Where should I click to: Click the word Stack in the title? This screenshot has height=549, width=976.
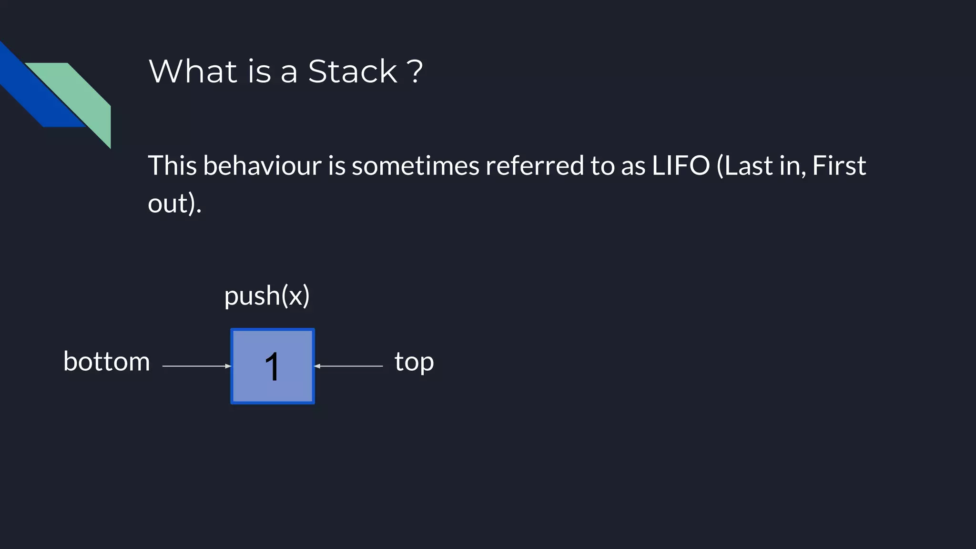pos(352,71)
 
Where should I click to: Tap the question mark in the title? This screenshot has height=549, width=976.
pos(415,71)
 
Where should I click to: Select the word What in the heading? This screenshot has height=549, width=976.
pos(193,71)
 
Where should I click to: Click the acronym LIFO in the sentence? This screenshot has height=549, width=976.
pos(681,165)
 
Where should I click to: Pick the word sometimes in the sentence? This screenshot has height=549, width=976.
pos(415,165)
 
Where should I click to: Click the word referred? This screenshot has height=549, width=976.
pos(534,165)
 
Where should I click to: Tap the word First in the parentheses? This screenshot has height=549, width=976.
pos(839,165)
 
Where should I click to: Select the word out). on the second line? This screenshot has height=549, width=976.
pos(174,203)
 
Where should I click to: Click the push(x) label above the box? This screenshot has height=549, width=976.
pos(267,295)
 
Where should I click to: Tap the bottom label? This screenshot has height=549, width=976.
pos(107,361)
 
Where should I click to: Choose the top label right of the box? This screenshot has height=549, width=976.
pos(414,362)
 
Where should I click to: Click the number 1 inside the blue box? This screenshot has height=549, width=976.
pos(272,366)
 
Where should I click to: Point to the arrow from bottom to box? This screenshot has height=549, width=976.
pos(196,366)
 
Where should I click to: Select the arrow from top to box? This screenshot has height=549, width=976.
pos(349,366)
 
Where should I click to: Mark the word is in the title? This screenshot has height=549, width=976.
pos(259,71)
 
